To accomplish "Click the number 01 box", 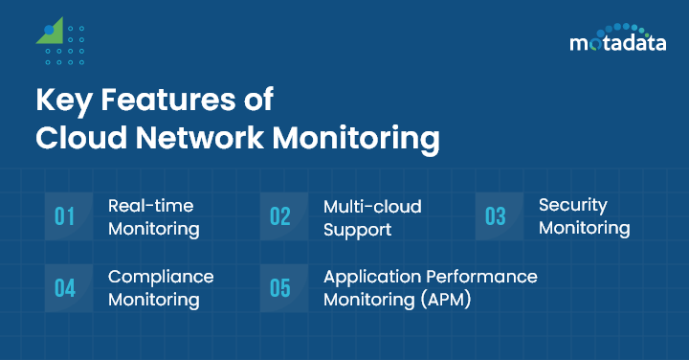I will point(65,216).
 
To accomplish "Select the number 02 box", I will point(280,216).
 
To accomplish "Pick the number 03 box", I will point(496,216).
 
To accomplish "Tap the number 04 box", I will point(65,288).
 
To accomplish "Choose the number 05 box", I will point(280,288).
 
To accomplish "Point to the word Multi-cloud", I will point(372,206).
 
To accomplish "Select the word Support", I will point(357,229).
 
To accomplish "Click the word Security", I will point(573,205).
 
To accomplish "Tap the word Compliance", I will point(161,277).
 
